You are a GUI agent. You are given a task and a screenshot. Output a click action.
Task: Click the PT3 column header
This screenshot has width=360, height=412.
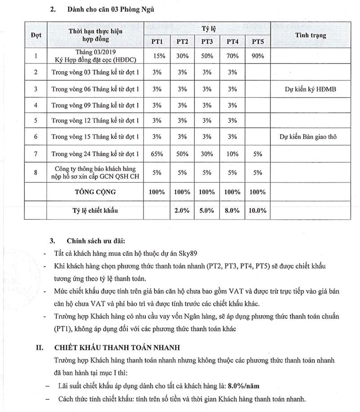[x=207, y=41]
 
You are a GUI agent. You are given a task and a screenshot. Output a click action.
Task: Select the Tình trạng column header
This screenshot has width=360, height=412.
[x=311, y=35]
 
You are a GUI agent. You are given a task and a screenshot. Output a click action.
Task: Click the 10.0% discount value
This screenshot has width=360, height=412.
[x=257, y=210]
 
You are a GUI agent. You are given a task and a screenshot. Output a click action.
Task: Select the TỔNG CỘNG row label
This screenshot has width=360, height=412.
[x=95, y=192]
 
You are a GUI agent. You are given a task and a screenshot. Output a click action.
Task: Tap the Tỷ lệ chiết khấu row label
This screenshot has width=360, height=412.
[x=95, y=210]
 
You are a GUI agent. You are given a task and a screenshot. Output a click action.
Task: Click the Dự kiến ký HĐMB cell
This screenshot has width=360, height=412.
[x=311, y=89]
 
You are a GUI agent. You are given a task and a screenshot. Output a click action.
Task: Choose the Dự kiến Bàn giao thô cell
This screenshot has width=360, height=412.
[x=311, y=136]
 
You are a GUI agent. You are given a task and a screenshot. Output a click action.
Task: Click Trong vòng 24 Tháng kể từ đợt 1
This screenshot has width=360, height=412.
[x=95, y=154]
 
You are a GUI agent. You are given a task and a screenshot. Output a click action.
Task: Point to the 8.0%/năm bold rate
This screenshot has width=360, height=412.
[x=243, y=386]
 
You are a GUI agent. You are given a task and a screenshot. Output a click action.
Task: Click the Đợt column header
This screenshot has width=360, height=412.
[x=36, y=35]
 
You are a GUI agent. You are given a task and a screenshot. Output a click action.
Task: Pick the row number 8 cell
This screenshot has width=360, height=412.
[x=36, y=172]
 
